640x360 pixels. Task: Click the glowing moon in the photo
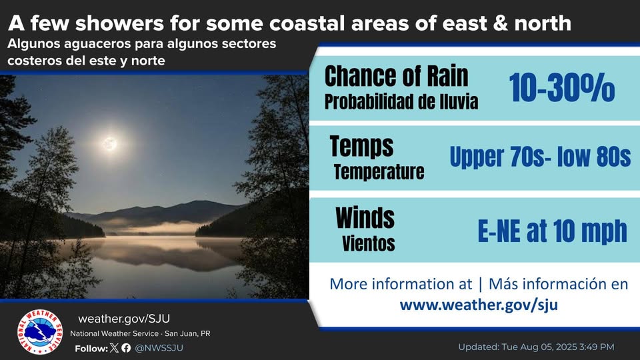click(x=109, y=143)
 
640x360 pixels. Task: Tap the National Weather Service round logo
click(x=40, y=332)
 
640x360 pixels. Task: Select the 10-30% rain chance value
click(x=561, y=87)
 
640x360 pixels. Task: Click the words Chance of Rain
click(x=396, y=76)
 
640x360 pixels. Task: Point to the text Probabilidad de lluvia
click(x=401, y=101)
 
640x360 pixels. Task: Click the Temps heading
click(x=361, y=147)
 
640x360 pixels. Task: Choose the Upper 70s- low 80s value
click(x=540, y=157)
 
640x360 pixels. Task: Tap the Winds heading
click(x=365, y=218)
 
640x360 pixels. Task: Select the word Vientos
click(x=368, y=243)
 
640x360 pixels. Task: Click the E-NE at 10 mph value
click(x=552, y=231)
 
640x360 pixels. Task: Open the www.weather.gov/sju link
click(x=479, y=305)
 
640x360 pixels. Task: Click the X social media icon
click(x=114, y=348)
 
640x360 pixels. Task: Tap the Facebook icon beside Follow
click(x=126, y=348)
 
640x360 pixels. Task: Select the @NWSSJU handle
click(x=159, y=348)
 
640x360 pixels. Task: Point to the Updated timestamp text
click(x=536, y=347)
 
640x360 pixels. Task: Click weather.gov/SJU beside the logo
click(x=124, y=319)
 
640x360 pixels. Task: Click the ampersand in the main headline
click(x=501, y=23)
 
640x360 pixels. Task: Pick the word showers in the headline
click(x=119, y=23)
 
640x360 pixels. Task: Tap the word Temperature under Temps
click(x=379, y=172)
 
